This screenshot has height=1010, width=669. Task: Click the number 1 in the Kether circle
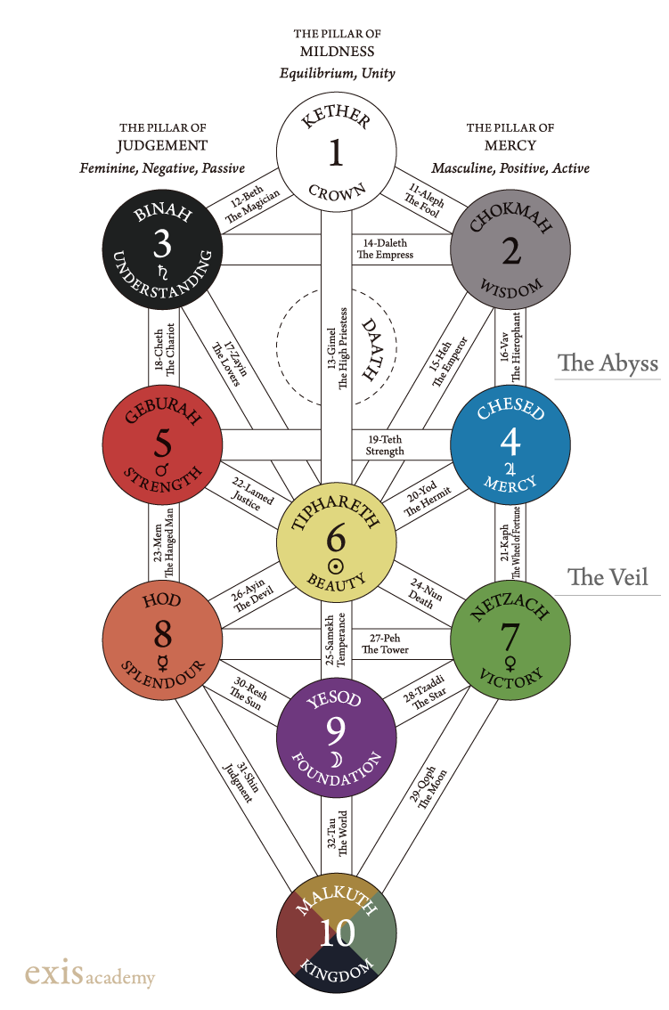point(336,152)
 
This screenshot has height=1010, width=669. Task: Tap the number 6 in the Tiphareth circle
point(336,537)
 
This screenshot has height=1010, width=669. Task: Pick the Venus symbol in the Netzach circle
point(510,662)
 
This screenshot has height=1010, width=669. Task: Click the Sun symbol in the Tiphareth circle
point(336,565)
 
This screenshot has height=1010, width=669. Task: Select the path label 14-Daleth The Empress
point(385,248)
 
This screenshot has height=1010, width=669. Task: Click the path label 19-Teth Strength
point(385,444)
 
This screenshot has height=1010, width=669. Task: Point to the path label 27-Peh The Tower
point(385,644)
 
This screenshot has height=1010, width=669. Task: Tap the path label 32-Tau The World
point(336,833)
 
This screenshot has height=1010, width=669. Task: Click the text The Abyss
point(608,362)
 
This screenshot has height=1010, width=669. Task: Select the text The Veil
point(614,577)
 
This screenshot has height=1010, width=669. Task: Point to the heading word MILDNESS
point(337,52)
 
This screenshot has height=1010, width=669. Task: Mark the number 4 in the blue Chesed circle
point(510,439)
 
